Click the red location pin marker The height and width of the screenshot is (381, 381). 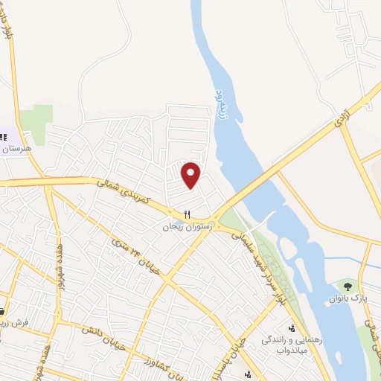[x=191, y=175]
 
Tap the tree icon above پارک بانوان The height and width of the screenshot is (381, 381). [x=348, y=285]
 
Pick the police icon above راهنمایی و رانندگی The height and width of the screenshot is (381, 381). [x=291, y=327]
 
